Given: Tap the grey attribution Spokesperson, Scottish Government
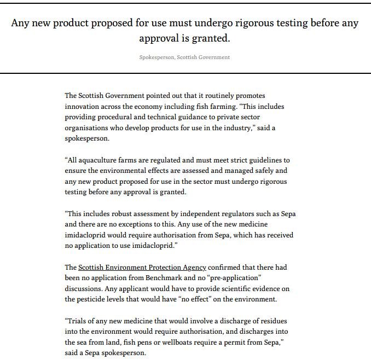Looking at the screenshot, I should pos(184,57).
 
